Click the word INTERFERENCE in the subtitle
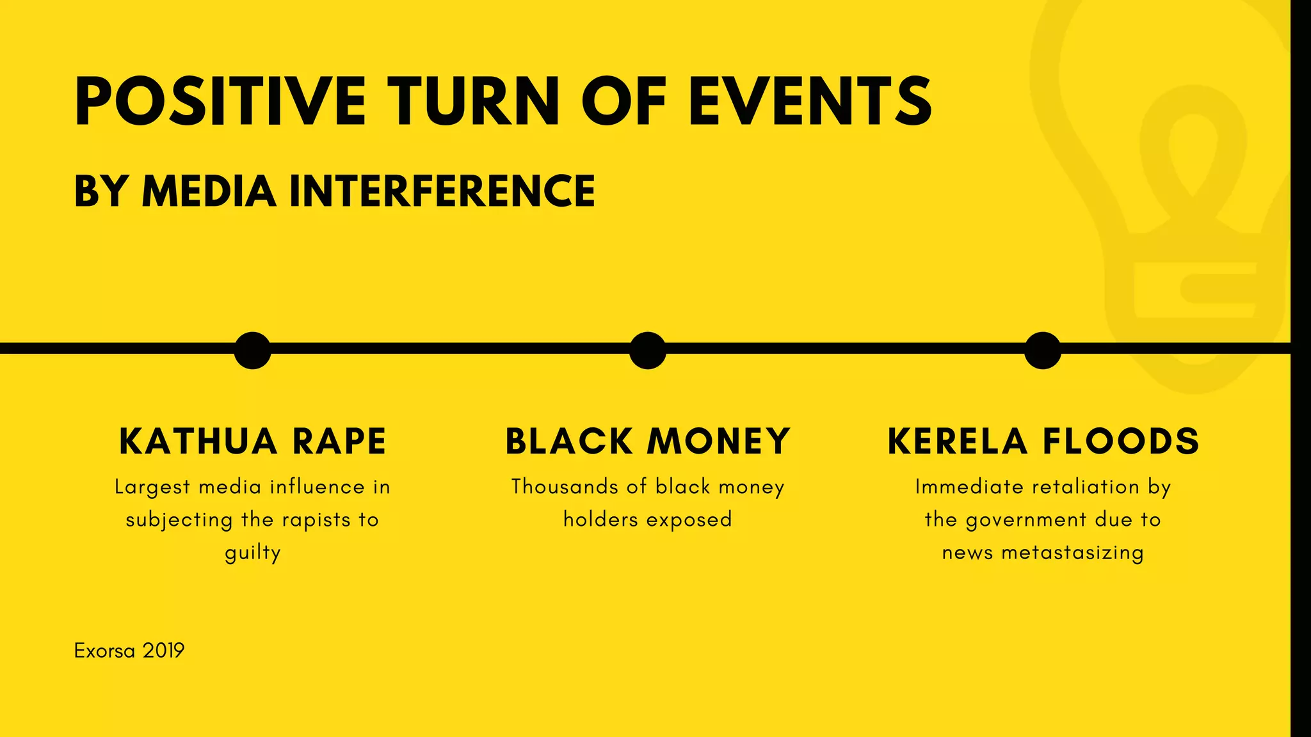442,191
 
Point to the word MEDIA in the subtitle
209,191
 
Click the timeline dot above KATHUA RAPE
252,350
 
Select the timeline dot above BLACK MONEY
647,350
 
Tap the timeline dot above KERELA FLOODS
1042,350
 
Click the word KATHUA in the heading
198,441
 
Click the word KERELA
957,441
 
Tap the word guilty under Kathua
252,553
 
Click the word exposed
689,519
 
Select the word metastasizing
1072,553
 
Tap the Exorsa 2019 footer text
129,651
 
